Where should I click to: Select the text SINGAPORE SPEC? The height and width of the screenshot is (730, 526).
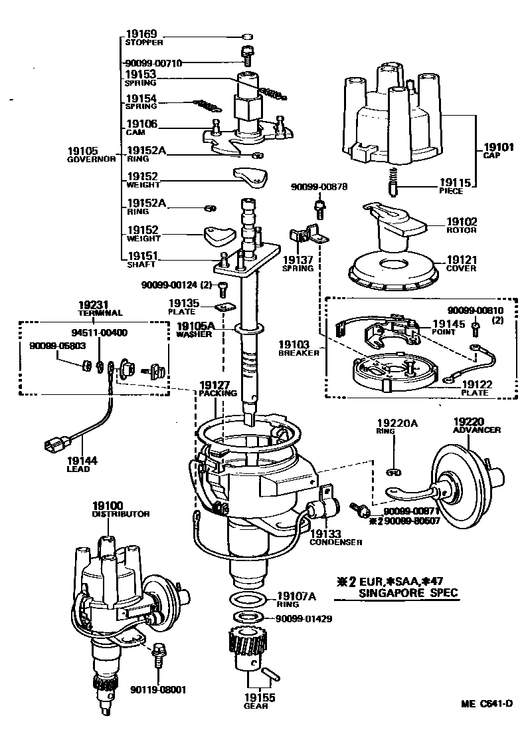pyautogui.click(x=407, y=592)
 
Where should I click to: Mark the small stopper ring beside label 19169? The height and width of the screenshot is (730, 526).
pyautogui.click(x=246, y=35)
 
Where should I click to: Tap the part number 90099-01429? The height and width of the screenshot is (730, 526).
pyautogui.click(x=304, y=618)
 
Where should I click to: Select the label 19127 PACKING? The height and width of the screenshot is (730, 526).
pyautogui.click(x=217, y=388)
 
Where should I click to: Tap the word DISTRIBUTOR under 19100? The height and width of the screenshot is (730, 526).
pyautogui.click(x=120, y=514)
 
